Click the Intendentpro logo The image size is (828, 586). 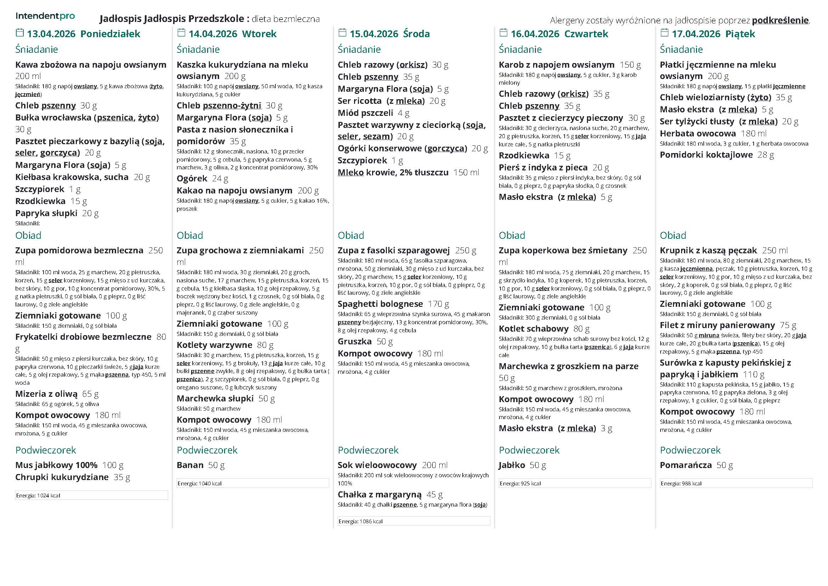(45, 16)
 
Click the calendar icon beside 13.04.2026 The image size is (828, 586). (19, 33)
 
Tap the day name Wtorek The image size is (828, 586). (259, 34)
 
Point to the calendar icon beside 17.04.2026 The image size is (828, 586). (664, 33)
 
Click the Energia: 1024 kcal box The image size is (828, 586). (91, 495)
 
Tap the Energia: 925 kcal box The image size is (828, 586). (575, 483)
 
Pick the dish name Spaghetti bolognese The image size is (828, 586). (380, 304)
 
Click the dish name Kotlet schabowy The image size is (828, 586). (533, 329)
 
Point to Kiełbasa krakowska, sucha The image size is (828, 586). (72, 177)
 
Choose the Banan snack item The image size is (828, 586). (190, 465)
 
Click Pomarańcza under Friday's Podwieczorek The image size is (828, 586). (686, 465)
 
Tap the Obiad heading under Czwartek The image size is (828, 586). (512, 235)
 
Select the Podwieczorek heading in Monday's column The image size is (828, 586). (45, 450)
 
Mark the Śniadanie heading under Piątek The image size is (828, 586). (681, 49)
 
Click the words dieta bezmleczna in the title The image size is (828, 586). (285, 19)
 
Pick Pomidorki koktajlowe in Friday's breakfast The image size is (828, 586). (706, 155)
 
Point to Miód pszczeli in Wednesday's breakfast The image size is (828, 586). (365, 113)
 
